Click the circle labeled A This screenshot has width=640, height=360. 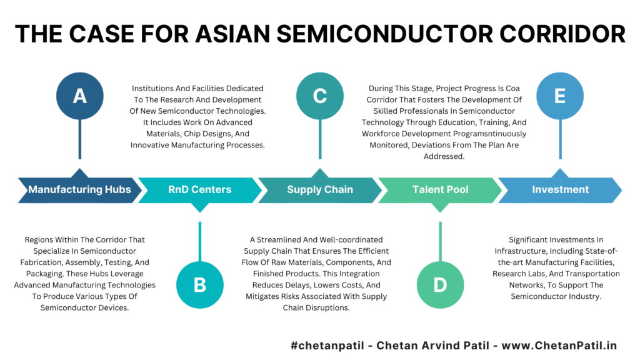point(79,96)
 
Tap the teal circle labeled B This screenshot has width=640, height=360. point(200,285)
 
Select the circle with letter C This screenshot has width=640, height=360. point(320,96)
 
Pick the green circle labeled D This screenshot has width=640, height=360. point(441,285)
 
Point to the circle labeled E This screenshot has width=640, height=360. point(560,96)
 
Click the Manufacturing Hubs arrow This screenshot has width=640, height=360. point(79,189)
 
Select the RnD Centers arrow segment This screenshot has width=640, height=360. point(200,190)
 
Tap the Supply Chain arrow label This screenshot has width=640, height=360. point(320,189)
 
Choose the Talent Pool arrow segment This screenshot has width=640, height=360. point(441,190)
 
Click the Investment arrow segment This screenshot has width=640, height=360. point(560,189)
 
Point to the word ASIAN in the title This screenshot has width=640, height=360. point(232,34)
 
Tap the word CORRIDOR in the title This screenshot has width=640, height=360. point(562,34)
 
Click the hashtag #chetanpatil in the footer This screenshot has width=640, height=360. point(327,346)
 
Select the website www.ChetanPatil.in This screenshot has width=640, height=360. point(559,346)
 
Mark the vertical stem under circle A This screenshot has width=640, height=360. point(79,139)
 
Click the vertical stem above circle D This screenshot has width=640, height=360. point(441,242)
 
